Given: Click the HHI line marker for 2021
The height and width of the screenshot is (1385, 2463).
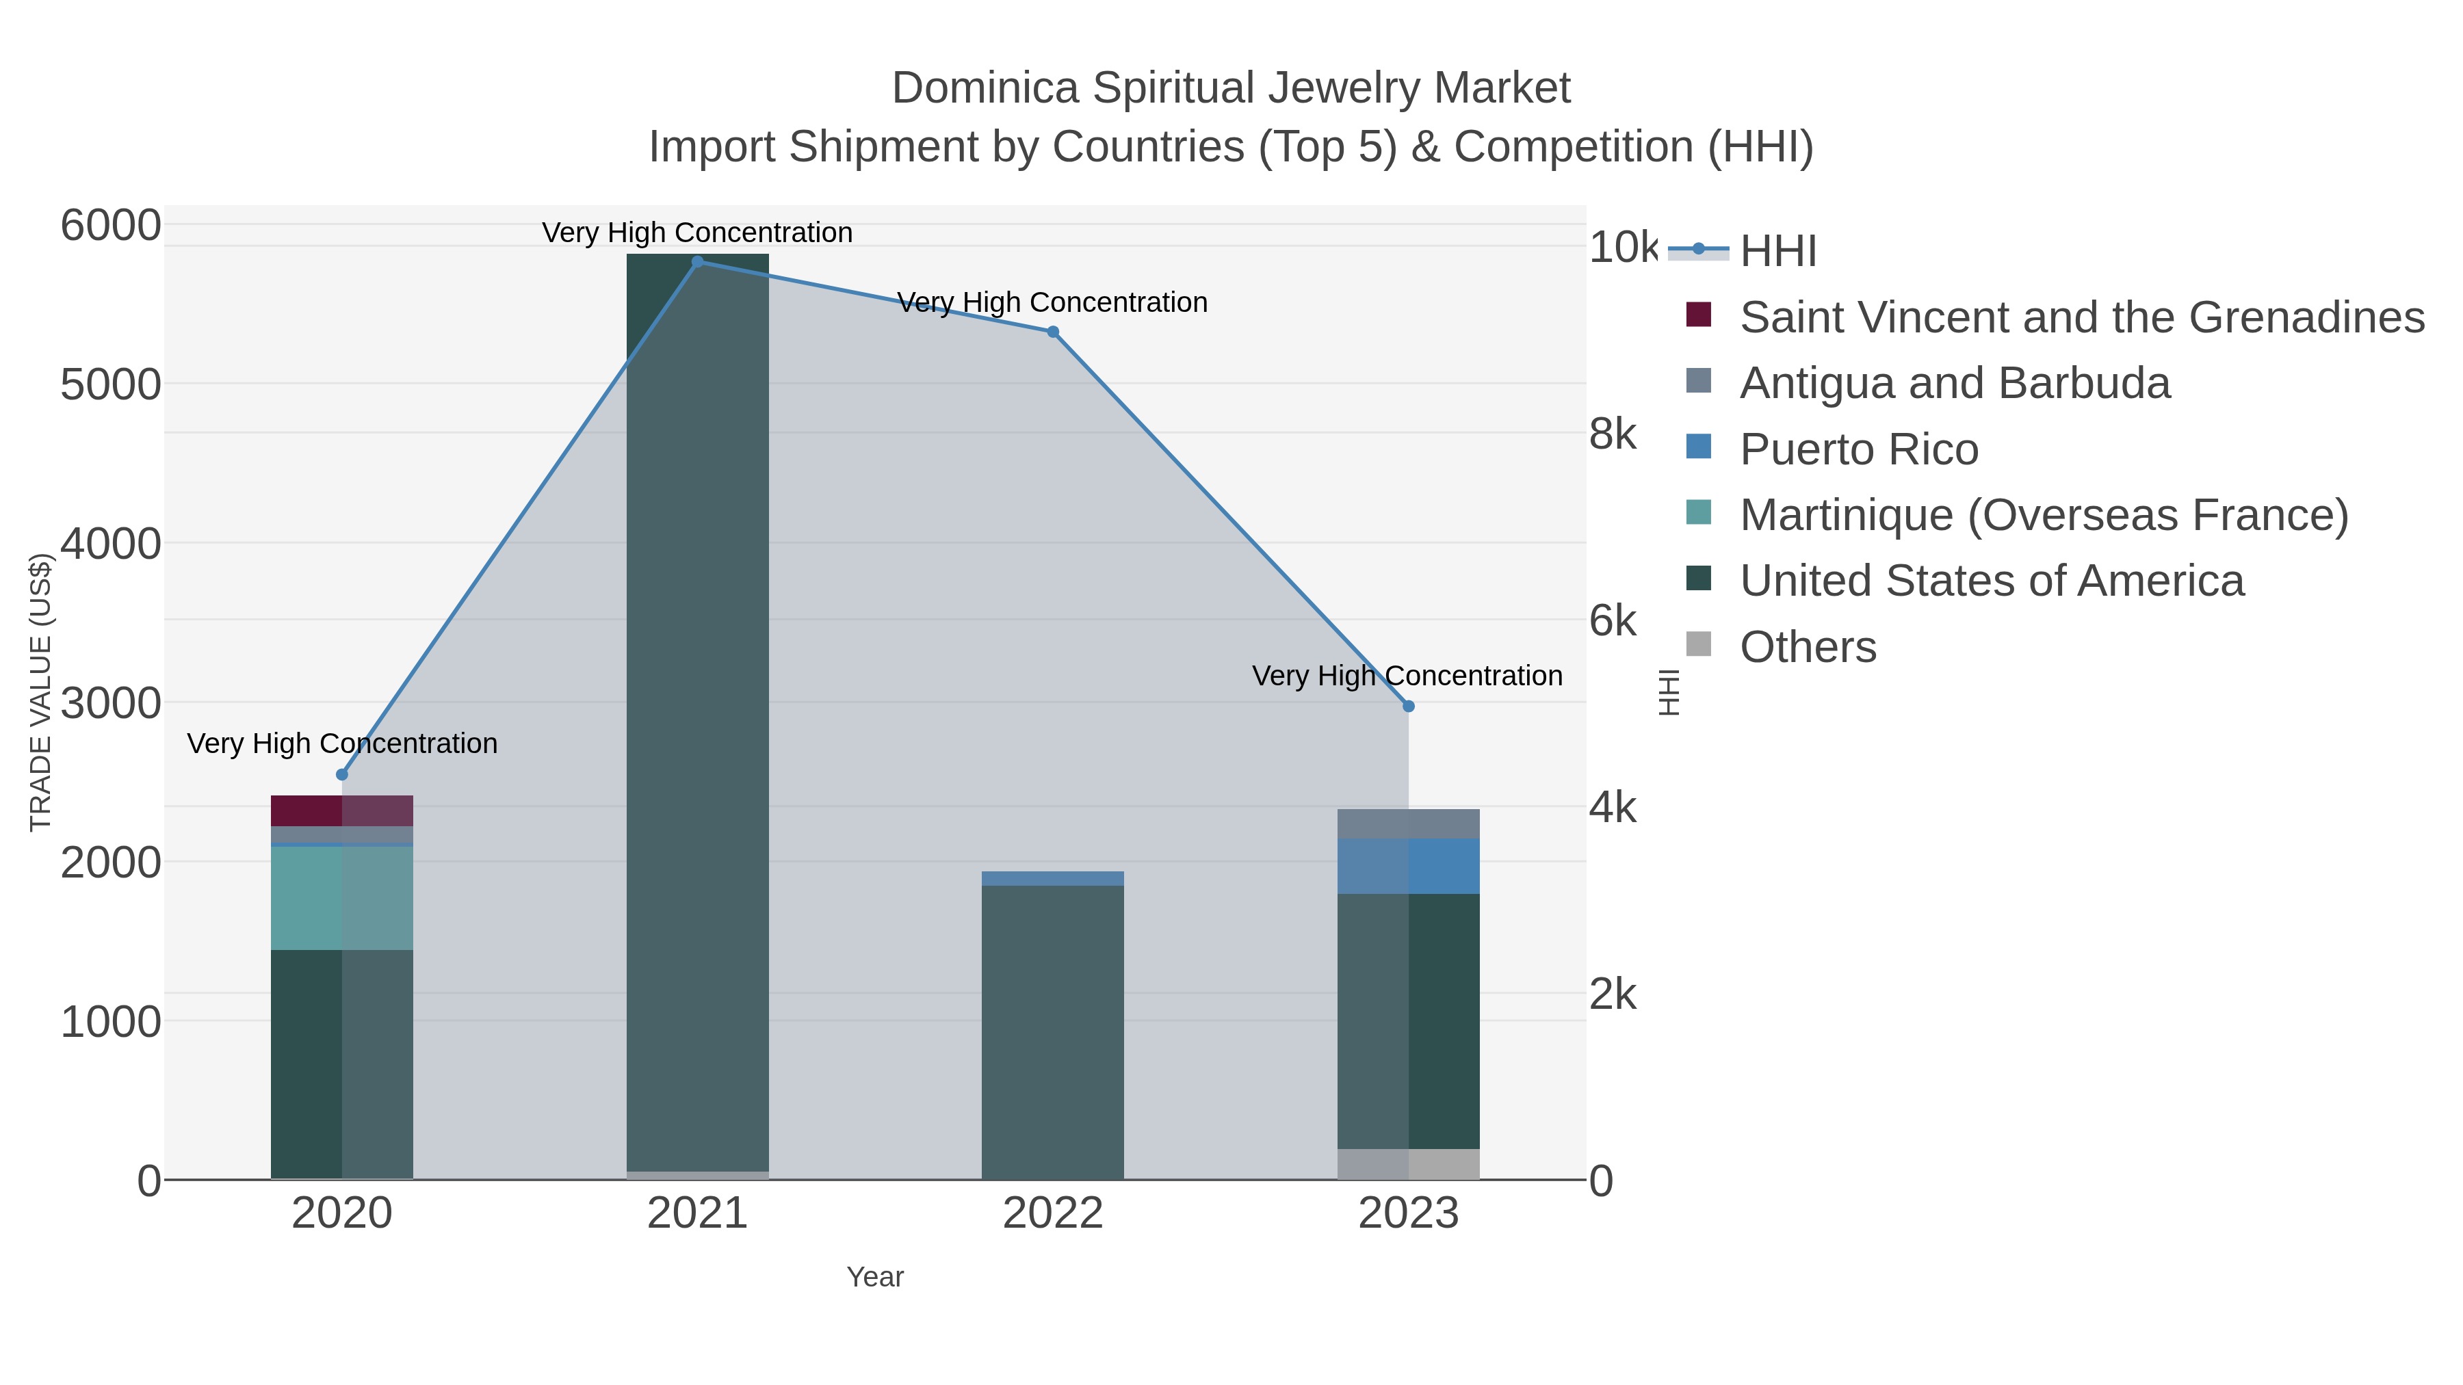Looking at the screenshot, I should point(697,262).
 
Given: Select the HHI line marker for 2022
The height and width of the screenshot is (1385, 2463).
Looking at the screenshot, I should point(1053,332).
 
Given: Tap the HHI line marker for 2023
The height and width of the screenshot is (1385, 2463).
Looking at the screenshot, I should point(1409,707).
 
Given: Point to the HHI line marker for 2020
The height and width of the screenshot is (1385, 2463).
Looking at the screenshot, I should point(342,774).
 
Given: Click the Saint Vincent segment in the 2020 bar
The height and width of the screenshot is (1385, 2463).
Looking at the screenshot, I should point(341,810).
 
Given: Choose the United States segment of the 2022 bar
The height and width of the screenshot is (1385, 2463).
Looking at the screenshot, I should point(1053,1032).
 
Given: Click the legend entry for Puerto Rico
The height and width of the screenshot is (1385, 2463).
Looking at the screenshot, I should point(1858,449).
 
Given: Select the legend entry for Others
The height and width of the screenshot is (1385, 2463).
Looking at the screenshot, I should point(1807,647).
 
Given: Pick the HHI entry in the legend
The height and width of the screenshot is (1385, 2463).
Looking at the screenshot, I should point(1777,252).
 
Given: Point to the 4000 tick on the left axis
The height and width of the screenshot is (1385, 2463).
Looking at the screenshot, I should point(110,544).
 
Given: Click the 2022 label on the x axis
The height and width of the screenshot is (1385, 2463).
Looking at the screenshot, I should point(1053,1214).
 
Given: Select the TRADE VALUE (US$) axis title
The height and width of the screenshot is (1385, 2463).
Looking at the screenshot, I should point(40,692).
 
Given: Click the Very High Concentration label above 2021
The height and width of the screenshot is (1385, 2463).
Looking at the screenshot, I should point(697,233).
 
